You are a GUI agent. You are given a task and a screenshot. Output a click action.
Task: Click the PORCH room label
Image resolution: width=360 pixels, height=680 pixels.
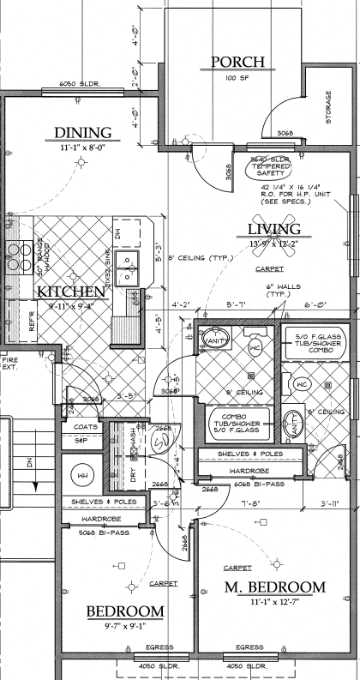tap(237, 62)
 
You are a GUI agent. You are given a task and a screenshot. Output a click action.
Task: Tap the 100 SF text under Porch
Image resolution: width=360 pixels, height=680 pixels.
tap(237, 79)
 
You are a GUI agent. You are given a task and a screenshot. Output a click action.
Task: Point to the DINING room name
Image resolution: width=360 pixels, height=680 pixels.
tap(82, 133)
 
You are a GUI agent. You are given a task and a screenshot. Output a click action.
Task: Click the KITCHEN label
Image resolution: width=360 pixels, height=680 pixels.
tap(71, 292)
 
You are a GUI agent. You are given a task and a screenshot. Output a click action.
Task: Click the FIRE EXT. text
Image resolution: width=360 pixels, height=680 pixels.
tap(10, 364)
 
